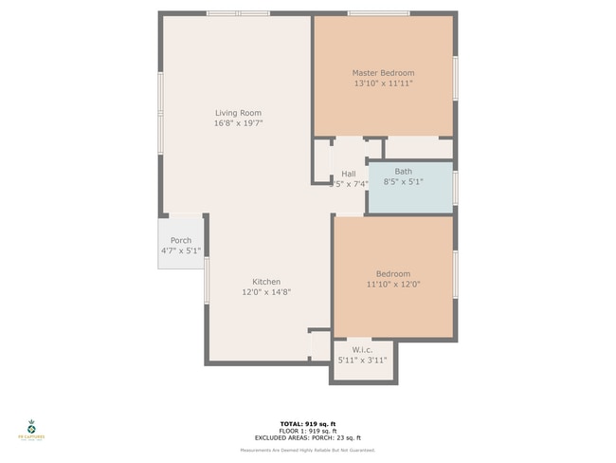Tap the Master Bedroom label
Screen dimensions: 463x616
tap(383, 73)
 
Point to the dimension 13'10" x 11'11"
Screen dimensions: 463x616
tap(383, 83)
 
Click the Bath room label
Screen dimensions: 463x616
tap(404, 171)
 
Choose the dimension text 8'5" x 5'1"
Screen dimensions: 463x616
tap(404, 181)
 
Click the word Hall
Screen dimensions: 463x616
tap(348, 174)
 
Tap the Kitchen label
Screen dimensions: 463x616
tap(265, 282)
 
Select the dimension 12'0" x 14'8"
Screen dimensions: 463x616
tap(265, 292)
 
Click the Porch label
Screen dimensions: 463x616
tap(181, 241)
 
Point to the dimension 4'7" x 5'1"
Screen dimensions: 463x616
tap(180, 251)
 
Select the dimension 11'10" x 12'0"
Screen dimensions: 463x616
tap(393, 284)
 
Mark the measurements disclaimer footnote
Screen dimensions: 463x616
tap(307, 449)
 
